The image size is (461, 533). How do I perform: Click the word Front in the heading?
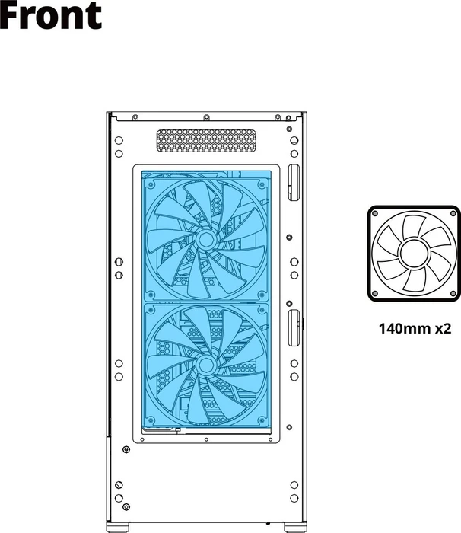pos(51,14)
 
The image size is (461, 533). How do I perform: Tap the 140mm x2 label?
pos(415,329)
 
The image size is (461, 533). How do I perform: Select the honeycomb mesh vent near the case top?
pos(206,140)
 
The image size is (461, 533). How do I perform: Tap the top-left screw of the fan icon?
pos(375,213)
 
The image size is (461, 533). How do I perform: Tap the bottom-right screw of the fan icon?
pos(453,293)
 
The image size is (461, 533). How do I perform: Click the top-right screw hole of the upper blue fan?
pos(262,184)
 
